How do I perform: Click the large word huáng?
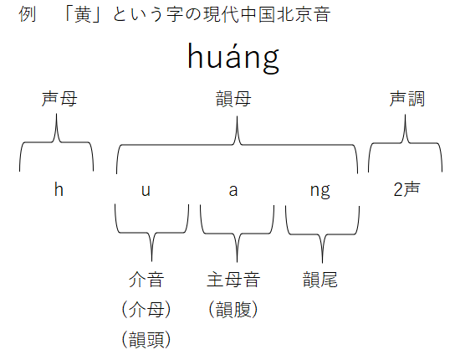[233, 58]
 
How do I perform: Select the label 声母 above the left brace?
[59, 99]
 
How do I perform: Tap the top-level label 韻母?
[233, 99]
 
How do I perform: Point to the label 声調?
[407, 99]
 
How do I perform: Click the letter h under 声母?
[59, 189]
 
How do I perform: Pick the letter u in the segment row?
[146, 191]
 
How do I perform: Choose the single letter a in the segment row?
[233, 191]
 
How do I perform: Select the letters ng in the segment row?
[320, 192]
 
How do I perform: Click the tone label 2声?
[406, 189]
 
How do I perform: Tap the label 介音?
[146, 280]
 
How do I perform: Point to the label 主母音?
[233, 280]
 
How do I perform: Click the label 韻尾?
[320, 280]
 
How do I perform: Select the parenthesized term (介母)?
[146, 310]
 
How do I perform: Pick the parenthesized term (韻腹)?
[233, 310]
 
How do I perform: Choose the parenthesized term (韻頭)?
[146, 340]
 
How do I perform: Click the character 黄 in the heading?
[83, 14]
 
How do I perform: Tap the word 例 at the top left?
[28, 14]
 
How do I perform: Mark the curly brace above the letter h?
[56, 142]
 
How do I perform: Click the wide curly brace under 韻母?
[237, 145]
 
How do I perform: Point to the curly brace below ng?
[322, 234]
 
